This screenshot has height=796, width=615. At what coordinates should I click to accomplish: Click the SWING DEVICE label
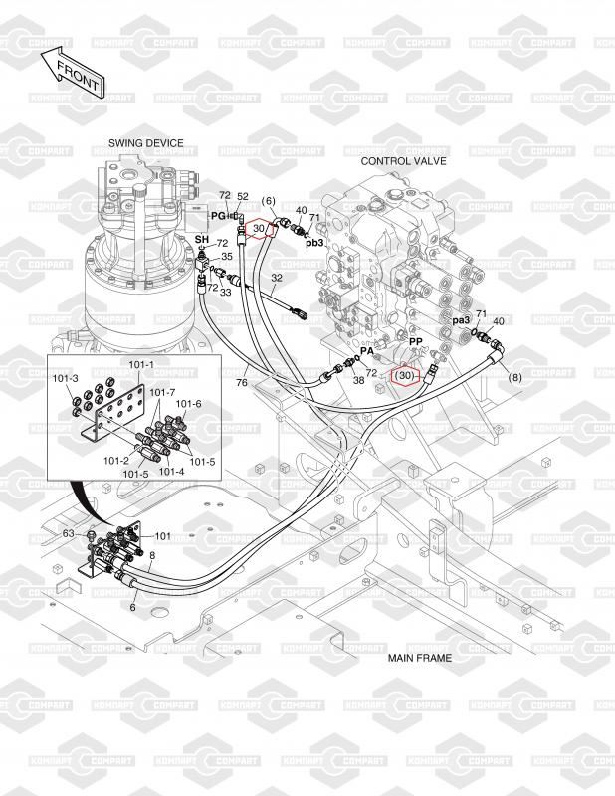coord(146,143)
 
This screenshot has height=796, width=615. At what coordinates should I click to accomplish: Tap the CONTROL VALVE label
coord(403,160)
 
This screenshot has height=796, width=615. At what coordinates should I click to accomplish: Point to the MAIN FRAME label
coord(419,658)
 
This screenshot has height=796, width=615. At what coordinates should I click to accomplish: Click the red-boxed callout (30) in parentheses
coord(404,377)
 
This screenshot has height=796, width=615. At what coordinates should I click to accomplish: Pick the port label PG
coord(218,215)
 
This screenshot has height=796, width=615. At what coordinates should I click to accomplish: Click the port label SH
coord(200,241)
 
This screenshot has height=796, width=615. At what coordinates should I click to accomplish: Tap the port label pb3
coord(314,242)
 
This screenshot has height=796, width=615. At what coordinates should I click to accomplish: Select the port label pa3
coord(461,320)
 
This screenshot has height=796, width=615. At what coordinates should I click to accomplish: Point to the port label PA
coord(367,351)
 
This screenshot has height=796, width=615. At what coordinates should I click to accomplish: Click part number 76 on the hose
coord(241,381)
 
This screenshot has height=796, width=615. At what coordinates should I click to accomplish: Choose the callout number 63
coord(69,534)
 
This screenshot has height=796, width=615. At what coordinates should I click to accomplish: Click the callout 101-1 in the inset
coord(142,364)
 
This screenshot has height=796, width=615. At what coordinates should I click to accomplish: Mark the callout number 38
coord(358,379)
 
